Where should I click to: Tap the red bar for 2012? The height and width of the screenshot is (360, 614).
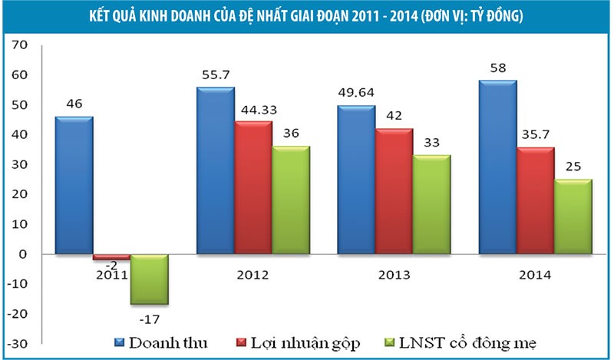pyautogui.click(x=252, y=187)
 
